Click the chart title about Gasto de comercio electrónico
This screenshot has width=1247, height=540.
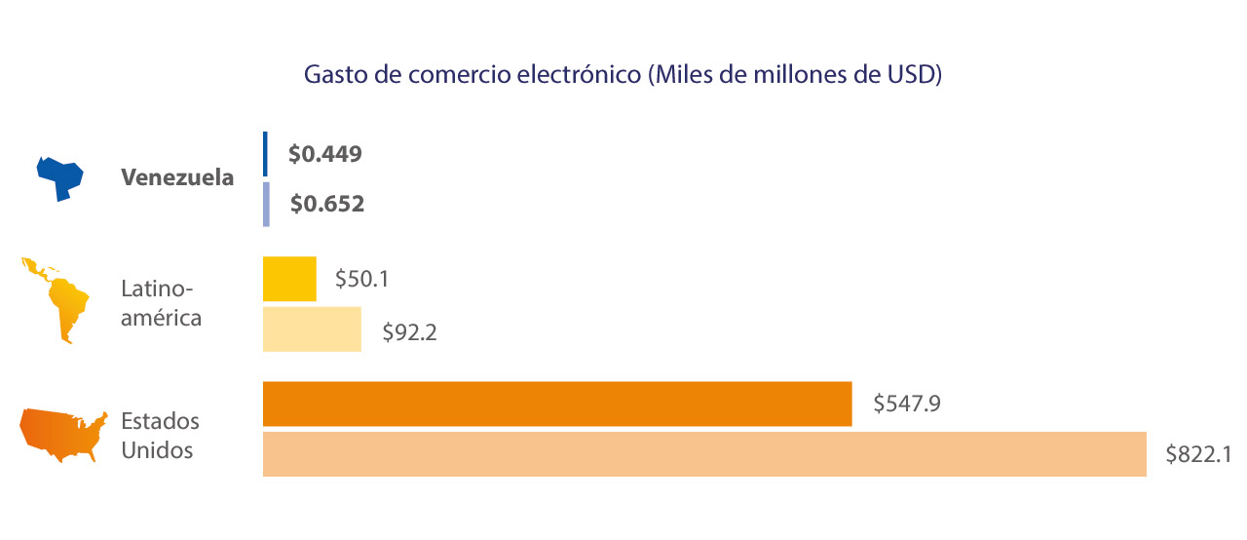pyautogui.click(x=623, y=76)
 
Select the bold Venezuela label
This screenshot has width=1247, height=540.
pyautogui.click(x=177, y=178)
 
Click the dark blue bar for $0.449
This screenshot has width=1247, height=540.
pyautogui.click(x=265, y=154)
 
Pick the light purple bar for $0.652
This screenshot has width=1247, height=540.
pyautogui.click(x=266, y=204)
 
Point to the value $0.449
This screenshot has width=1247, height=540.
pyautogui.click(x=325, y=154)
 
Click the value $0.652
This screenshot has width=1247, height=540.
pyautogui.click(x=327, y=205)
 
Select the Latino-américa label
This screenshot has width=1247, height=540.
pyautogui.click(x=161, y=303)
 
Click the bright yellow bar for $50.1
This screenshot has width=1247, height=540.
pyautogui.click(x=289, y=279)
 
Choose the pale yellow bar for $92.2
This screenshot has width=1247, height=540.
pyautogui.click(x=312, y=329)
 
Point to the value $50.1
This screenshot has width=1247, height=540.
pyautogui.click(x=362, y=279)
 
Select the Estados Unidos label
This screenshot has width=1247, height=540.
pyautogui.click(x=160, y=436)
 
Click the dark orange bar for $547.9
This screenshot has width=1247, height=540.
pyautogui.click(x=557, y=405)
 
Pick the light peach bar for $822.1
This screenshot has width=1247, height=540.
pyautogui.click(x=704, y=454)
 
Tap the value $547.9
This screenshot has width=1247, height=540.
pyautogui.click(x=906, y=404)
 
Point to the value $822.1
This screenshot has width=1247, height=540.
pyautogui.click(x=1200, y=454)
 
